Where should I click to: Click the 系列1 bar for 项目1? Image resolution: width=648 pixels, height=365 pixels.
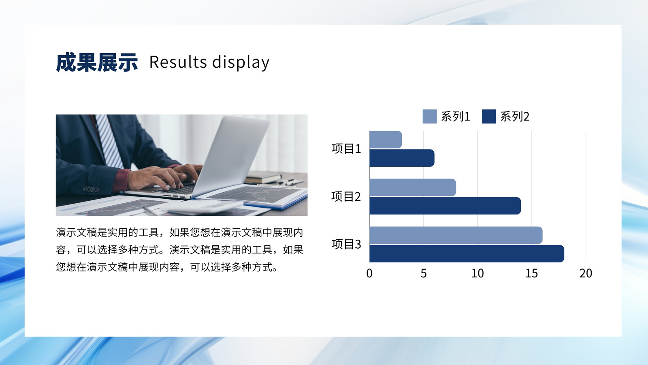click(386, 140)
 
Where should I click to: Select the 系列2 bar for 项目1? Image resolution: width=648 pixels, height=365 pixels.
click(402, 158)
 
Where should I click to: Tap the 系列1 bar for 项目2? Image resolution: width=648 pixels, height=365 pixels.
click(413, 187)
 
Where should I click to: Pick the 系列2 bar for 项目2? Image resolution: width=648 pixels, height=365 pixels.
click(445, 206)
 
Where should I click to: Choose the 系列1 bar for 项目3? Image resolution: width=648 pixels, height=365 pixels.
click(456, 235)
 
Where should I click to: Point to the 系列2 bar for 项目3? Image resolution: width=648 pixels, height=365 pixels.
click(467, 253)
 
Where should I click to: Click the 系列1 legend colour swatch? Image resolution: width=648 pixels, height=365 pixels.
click(430, 116)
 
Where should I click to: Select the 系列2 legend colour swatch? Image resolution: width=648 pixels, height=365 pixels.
click(489, 116)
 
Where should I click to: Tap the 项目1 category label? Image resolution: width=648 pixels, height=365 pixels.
click(346, 148)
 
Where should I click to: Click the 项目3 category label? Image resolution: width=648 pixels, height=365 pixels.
click(346, 244)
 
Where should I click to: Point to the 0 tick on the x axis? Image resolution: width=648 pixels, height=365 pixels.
click(369, 273)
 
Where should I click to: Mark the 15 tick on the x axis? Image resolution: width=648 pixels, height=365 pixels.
click(532, 273)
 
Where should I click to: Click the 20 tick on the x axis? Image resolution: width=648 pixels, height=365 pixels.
click(586, 273)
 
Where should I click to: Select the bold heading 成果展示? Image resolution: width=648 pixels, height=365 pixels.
click(97, 62)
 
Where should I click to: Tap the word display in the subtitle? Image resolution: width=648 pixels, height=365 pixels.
click(241, 62)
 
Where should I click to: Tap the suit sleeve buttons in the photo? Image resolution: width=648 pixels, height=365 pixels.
click(91, 189)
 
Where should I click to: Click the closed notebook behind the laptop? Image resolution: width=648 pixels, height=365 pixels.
click(263, 177)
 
